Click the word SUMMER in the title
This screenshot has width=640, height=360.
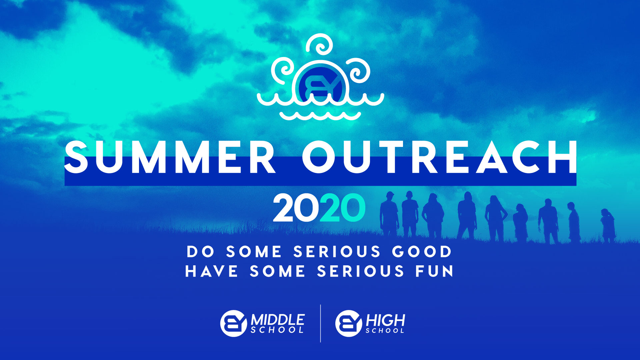[x=170, y=157]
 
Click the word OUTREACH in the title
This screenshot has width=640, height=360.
[x=439, y=157]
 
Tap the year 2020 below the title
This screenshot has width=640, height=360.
[x=319, y=208]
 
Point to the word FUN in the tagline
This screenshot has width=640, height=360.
[x=435, y=271]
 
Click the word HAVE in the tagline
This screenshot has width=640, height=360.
[x=212, y=271]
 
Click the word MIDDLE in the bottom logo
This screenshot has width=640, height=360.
[x=278, y=320]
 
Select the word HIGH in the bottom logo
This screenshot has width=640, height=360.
[x=385, y=320]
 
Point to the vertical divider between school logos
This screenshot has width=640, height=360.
[x=321, y=323]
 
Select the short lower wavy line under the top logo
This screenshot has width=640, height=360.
[x=320, y=116]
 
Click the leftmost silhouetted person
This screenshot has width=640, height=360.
[x=389, y=213]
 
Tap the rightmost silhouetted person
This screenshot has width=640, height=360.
[x=608, y=225]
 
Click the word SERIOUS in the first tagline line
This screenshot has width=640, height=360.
[x=337, y=252]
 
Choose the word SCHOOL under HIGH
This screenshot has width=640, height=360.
[x=385, y=331]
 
